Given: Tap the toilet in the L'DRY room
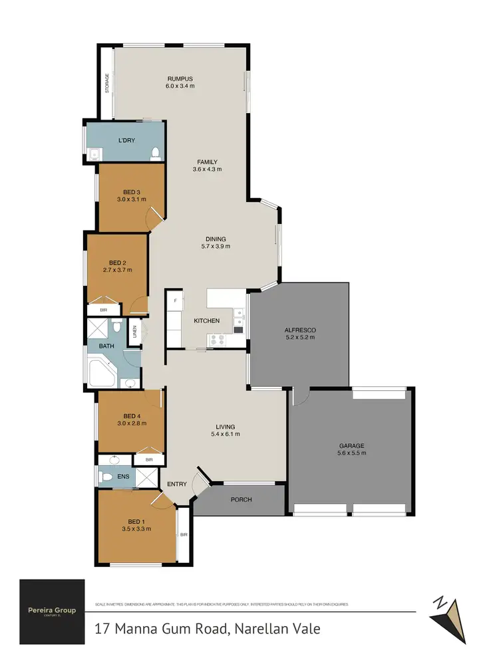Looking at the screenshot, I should pyautogui.click(x=155, y=154).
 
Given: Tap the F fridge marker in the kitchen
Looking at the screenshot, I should pyautogui.click(x=175, y=301).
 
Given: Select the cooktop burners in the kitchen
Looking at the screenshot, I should pyautogui.click(x=217, y=338).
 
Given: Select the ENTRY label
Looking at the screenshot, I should pyautogui.click(x=177, y=484).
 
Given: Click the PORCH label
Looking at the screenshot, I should pyautogui.click(x=241, y=499).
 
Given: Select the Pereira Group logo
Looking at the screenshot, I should pyautogui.click(x=52, y=611).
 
